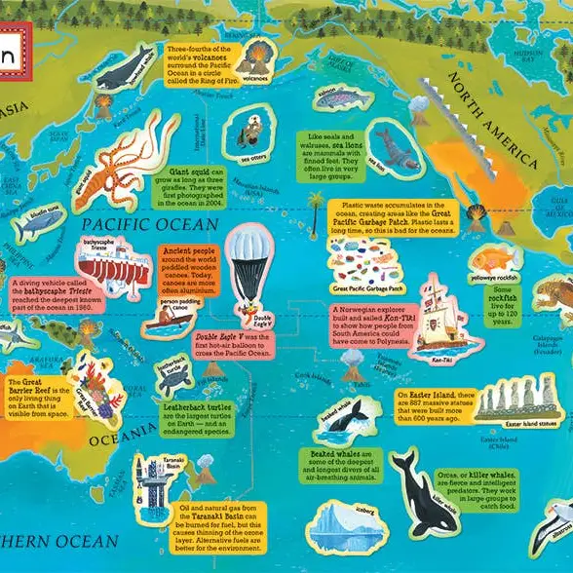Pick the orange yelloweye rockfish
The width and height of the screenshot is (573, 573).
pyautogui.click(x=493, y=258)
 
